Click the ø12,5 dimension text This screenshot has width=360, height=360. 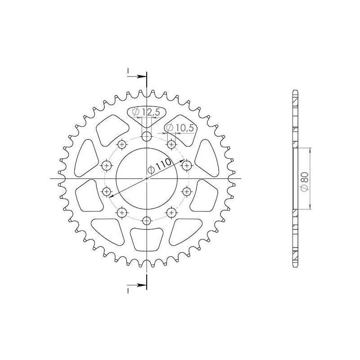[147, 112]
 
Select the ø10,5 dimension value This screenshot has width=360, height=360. [180, 128]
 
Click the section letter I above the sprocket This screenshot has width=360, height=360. [128, 72]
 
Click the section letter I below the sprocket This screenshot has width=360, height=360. [128, 290]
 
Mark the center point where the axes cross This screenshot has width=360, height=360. [147, 179]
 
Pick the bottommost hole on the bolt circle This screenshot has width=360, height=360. [147, 220]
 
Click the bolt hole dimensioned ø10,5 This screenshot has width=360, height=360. [171, 144]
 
